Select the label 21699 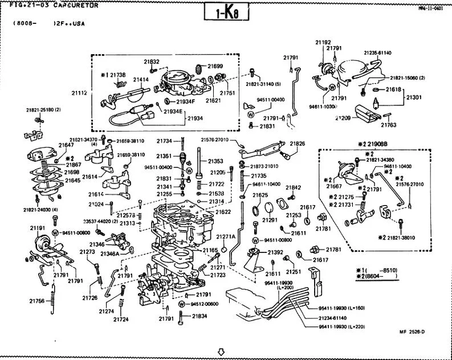coord(215,67)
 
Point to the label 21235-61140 coord(378,53)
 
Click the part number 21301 coord(414,98)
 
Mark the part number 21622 coord(223,212)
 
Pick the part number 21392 coord(275,252)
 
